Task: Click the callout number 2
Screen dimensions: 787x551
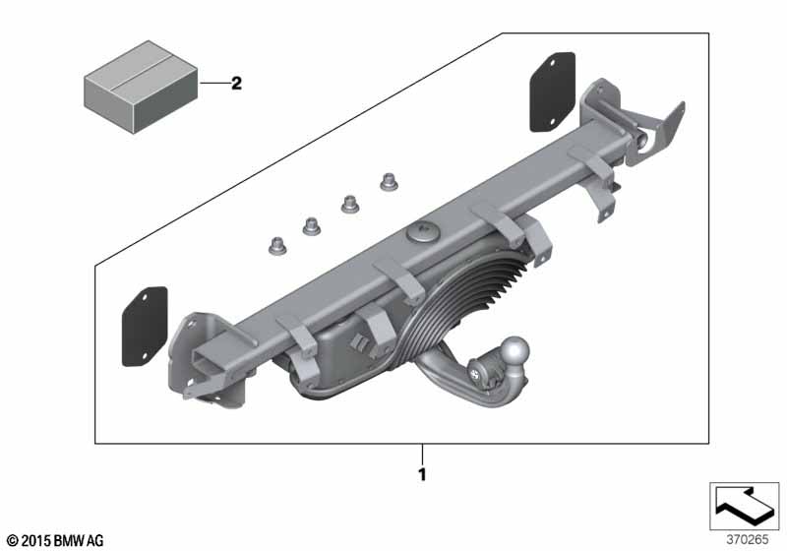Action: (x=236, y=83)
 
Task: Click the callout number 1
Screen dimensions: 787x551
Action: (x=422, y=474)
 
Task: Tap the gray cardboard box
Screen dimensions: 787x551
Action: (x=141, y=88)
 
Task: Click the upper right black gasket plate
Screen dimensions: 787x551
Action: (x=553, y=92)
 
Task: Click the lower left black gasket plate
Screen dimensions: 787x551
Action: (x=145, y=327)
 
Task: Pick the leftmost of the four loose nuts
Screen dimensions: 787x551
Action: (x=276, y=245)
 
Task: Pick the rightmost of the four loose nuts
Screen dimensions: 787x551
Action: (x=389, y=182)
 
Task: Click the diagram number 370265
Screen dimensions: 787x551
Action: (x=748, y=539)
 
